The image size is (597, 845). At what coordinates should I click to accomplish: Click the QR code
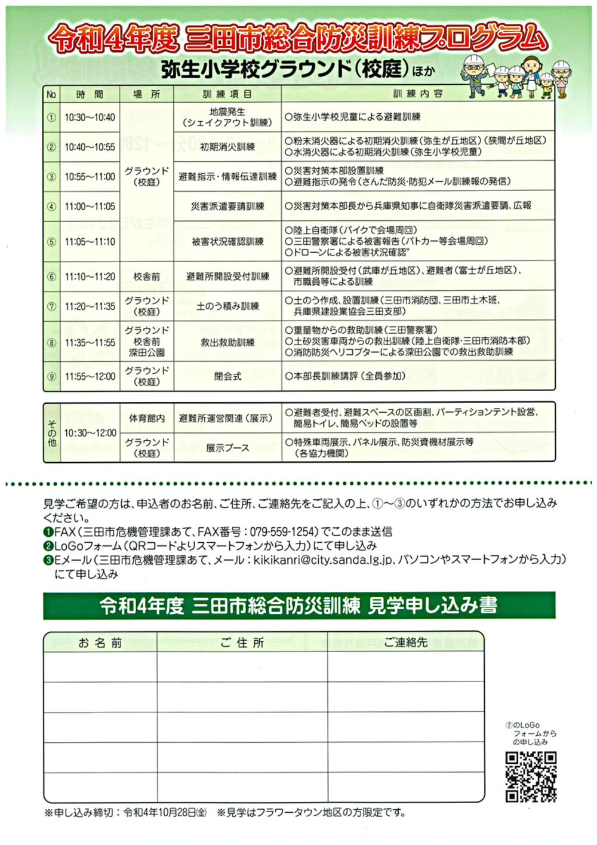click(531, 776)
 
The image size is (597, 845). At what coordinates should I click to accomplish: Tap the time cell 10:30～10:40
click(90, 118)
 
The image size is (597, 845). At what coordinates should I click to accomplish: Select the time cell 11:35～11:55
click(90, 343)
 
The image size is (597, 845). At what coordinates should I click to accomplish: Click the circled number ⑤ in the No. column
click(52, 242)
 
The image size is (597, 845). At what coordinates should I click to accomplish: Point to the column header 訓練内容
click(418, 94)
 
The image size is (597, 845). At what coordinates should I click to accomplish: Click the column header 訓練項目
click(227, 94)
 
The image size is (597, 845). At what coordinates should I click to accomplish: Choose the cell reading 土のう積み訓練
click(227, 306)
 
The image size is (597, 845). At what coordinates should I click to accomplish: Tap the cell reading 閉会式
click(227, 376)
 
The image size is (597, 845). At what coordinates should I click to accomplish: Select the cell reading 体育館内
click(147, 418)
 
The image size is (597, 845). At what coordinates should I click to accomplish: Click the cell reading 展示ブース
click(227, 448)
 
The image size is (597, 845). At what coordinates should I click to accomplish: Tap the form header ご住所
click(242, 643)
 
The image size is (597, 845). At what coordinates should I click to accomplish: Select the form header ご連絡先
click(405, 643)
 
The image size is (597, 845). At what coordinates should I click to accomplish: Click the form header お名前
click(100, 643)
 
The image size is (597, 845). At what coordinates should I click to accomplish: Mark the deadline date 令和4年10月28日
click(159, 813)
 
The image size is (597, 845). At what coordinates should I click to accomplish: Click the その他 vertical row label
click(52, 432)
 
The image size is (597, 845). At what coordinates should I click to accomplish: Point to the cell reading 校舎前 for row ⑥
click(147, 276)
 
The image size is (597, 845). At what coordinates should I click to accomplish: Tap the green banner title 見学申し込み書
click(432, 606)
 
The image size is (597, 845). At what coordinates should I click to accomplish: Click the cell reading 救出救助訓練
click(227, 343)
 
